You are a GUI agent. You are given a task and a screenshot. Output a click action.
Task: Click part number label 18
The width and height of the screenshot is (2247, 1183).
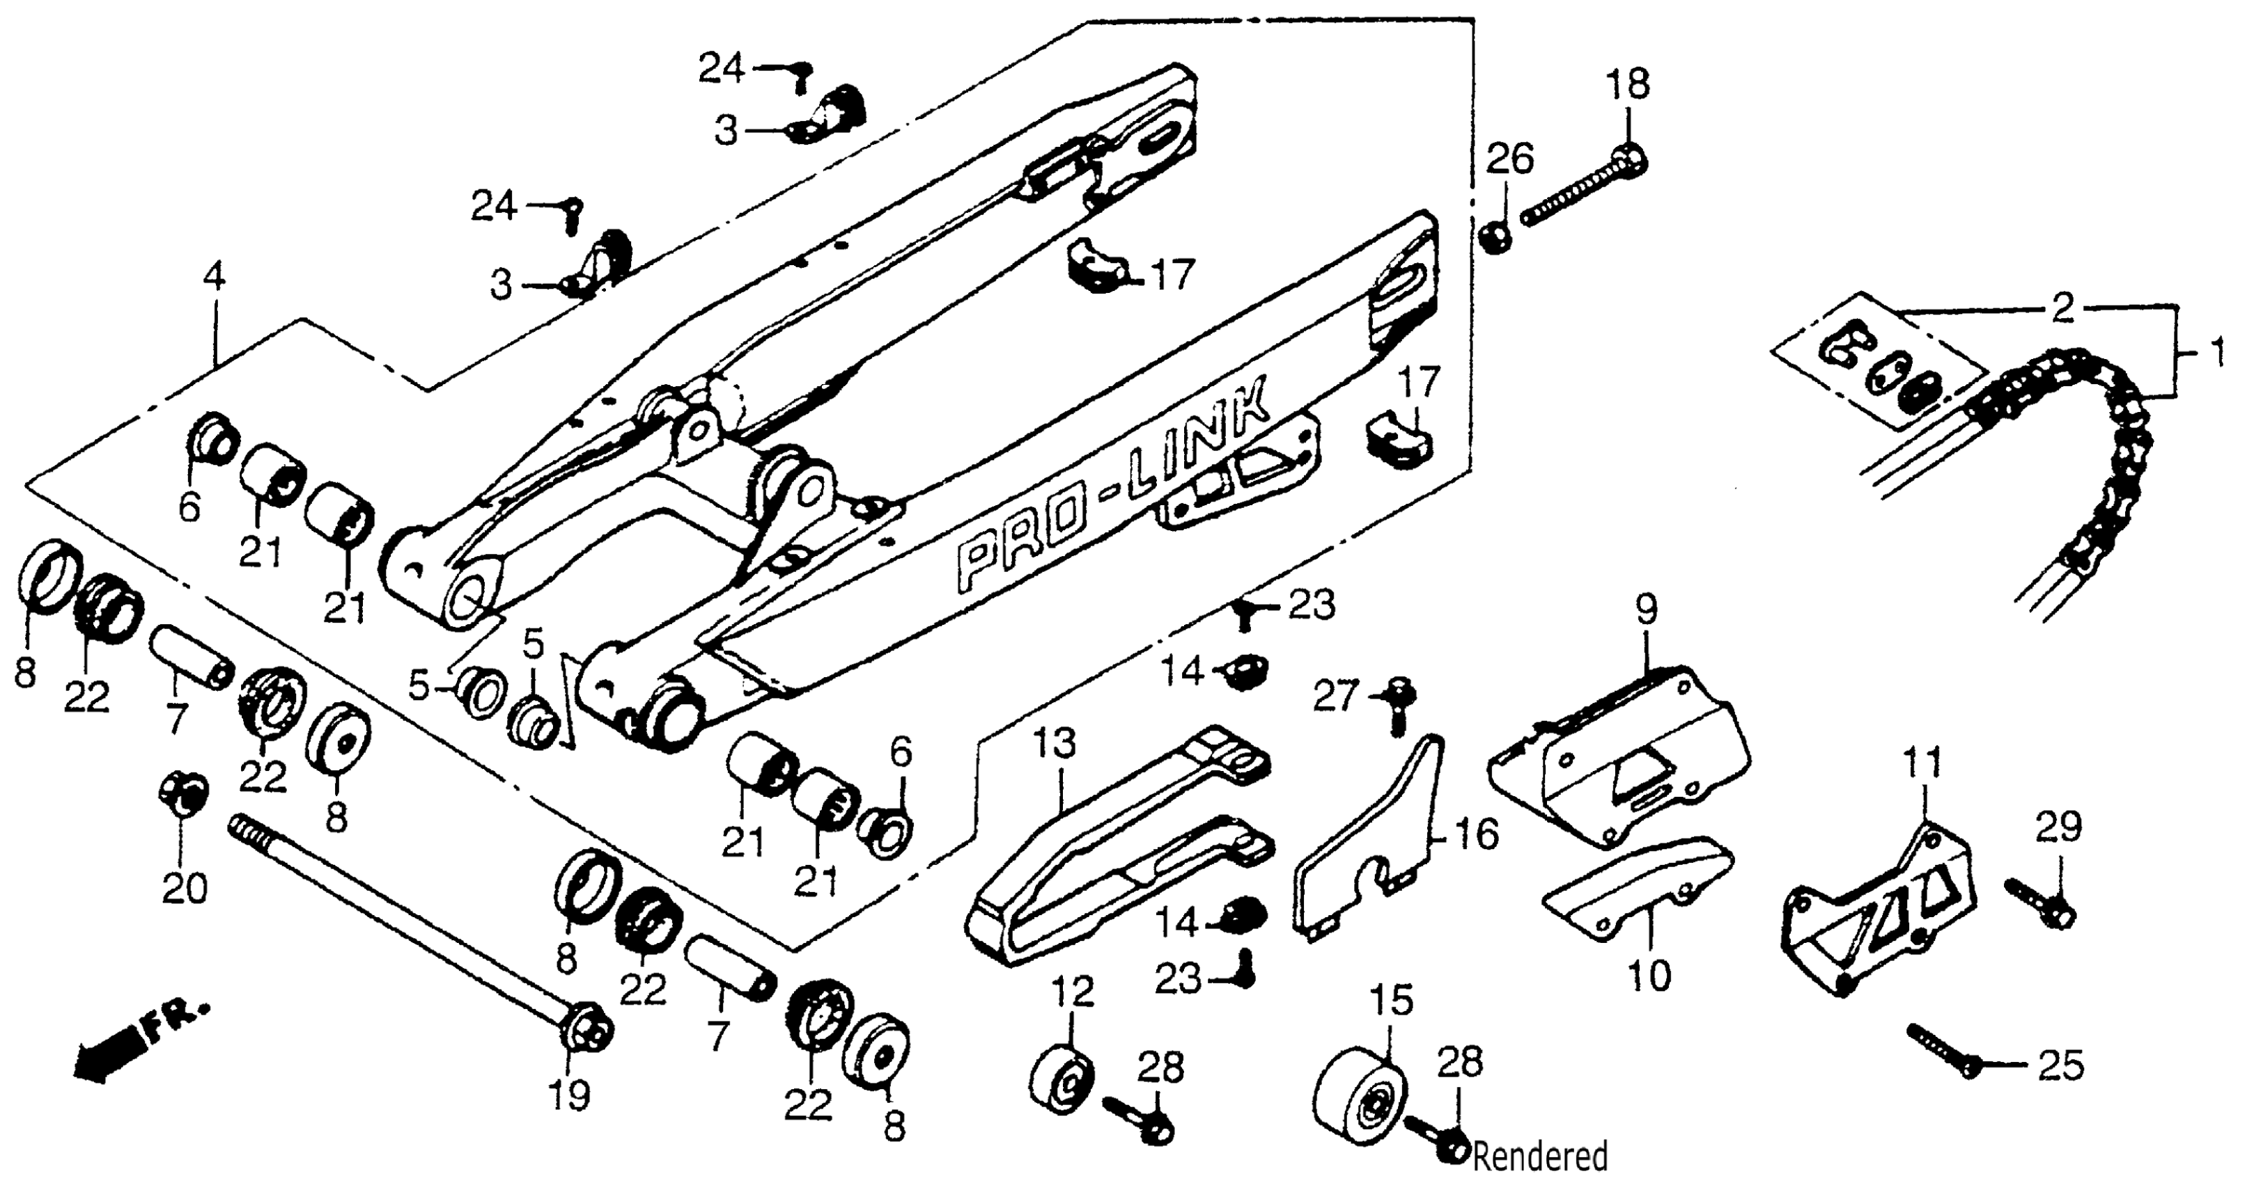1627,86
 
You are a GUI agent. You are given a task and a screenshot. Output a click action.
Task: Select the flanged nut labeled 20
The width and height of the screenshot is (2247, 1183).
183,794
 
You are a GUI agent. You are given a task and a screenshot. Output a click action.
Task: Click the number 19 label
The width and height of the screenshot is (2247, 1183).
569,1094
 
